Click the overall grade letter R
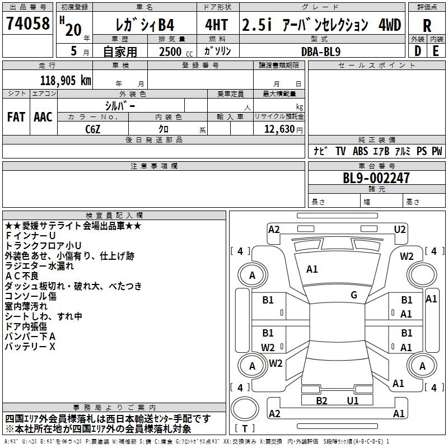[x=427, y=26]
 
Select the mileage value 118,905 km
[x=66, y=80]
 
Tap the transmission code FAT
[x=16, y=117]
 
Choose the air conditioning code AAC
[x=43, y=117]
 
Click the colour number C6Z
[x=93, y=129]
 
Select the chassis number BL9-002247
[x=376, y=178]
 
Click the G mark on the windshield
[x=354, y=295]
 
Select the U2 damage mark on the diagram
[x=400, y=229]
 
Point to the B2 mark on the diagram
[x=321, y=400]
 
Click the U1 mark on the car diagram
[x=352, y=400]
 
